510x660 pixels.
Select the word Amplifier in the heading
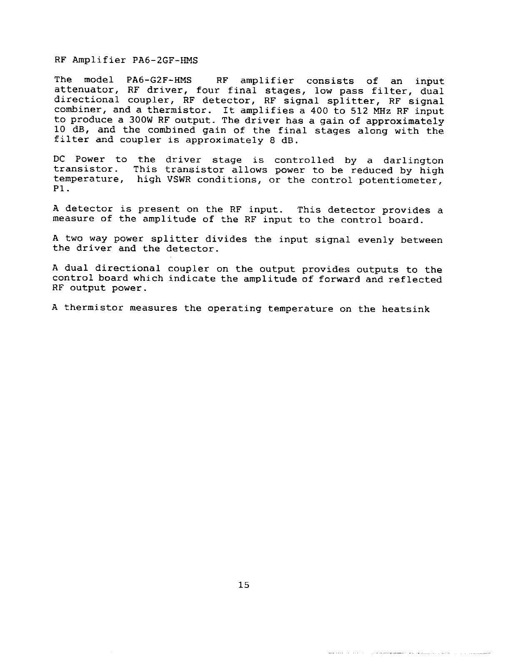[x=99, y=60]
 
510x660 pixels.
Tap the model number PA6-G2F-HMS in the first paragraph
[x=159, y=80]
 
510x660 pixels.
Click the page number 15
[x=244, y=585]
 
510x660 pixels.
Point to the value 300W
[x=135, y=121]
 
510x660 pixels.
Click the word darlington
[x=413, y=160]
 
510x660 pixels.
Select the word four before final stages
[x=208, y=90]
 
